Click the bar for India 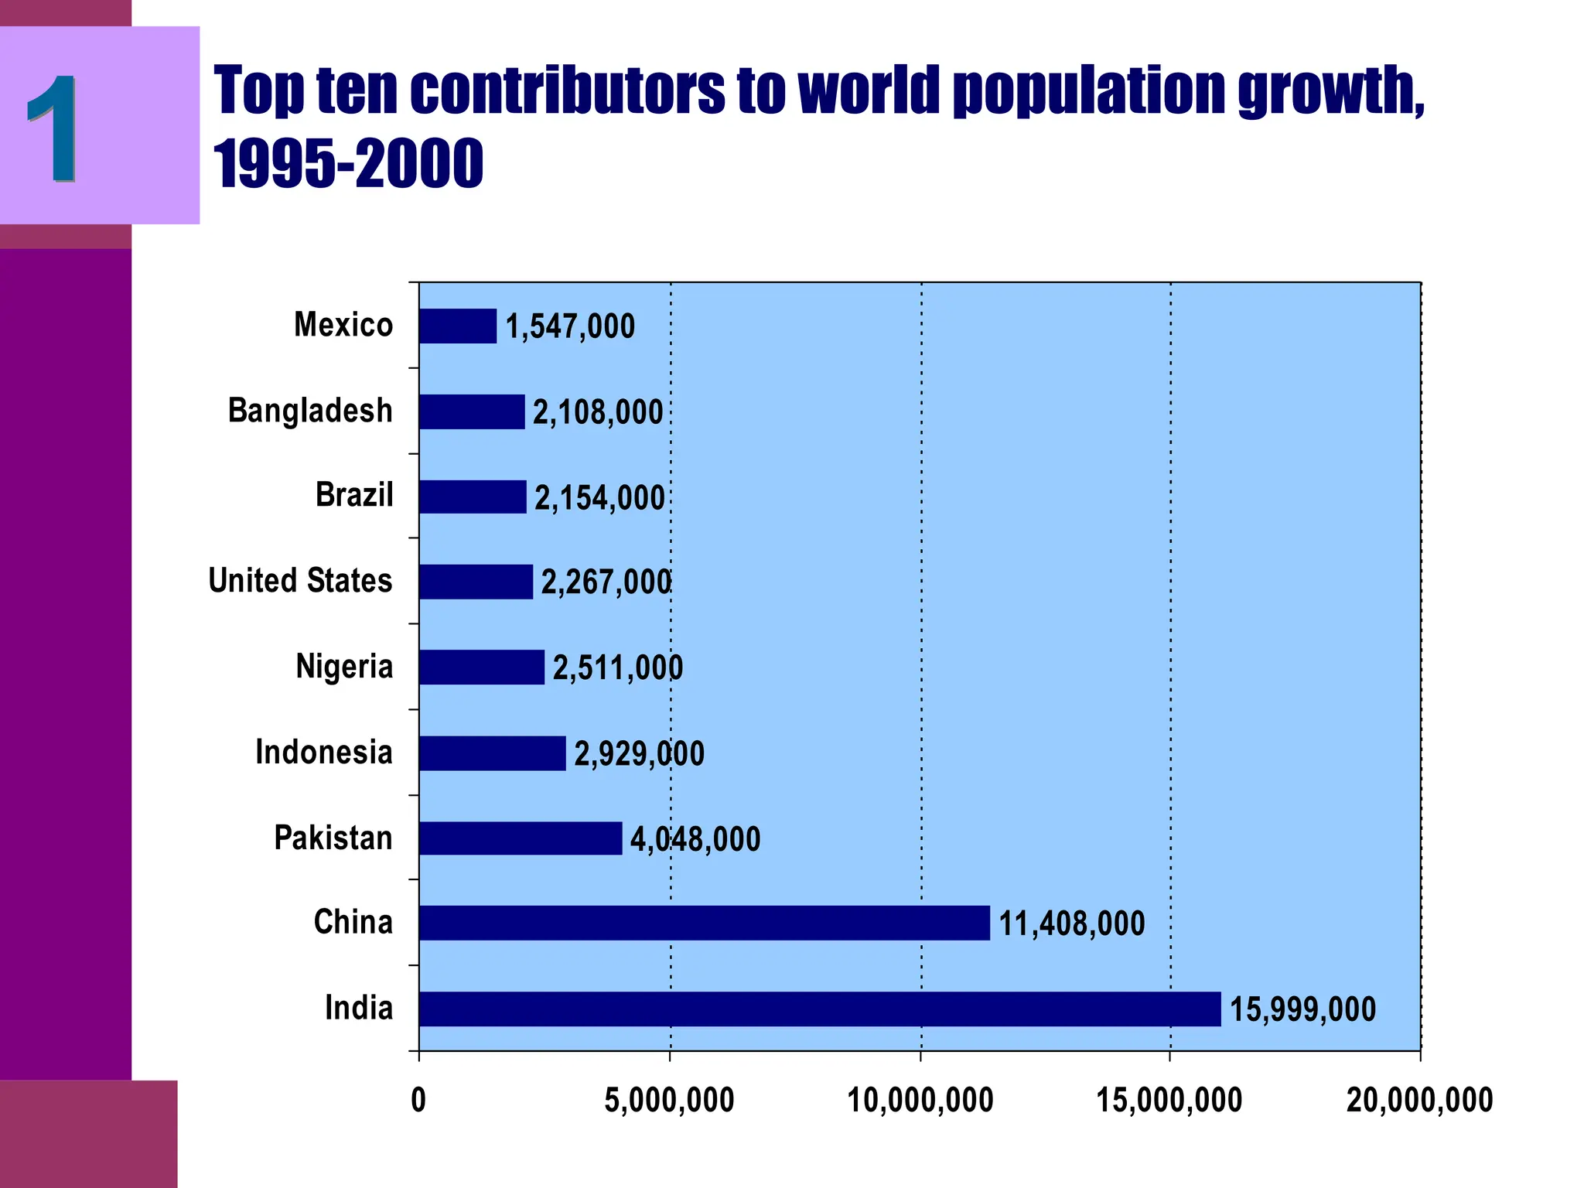point(820,1009)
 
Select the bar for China point(704,923)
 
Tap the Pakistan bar point(521,838)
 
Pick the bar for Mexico point(458,326)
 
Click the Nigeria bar point(482,667)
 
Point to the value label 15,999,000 point(1302,1009)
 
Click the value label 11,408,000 point(1071,923)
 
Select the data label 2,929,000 point(639,753)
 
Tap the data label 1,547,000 point(570,326)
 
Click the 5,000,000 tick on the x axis point(669,1100)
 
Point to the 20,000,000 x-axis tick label point(1419,1100)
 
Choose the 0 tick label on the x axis point(418,1100)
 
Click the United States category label point(300,581)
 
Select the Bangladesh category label point(310,411)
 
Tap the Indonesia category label point(324,753)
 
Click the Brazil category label point(354,495)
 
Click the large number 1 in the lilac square point(53,128)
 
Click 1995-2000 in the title point(348,163)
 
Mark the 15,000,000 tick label point(1169,1100)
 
